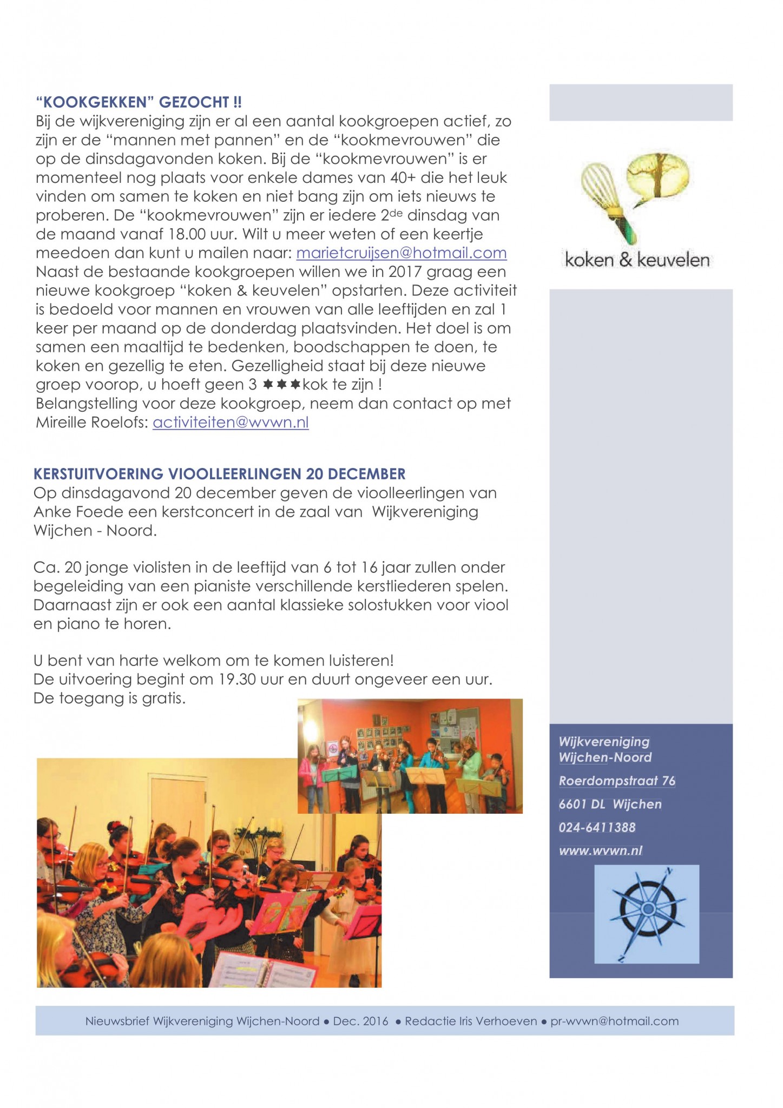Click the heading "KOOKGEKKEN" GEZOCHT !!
point(139,102)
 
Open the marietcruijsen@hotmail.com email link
point(402,253)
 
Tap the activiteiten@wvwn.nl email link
point(231,423)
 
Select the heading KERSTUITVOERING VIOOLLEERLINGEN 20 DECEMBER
point(219,474)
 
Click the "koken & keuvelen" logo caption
point(637,260)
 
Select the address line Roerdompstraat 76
point(617,781)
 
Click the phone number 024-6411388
point(597,827)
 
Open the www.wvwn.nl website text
point(600,850)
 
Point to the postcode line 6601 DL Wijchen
point(610,804)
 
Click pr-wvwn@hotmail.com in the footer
point(614,1021)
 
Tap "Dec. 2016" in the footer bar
point(361,1021)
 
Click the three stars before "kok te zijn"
point(281,385)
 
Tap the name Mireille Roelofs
point(89,423)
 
